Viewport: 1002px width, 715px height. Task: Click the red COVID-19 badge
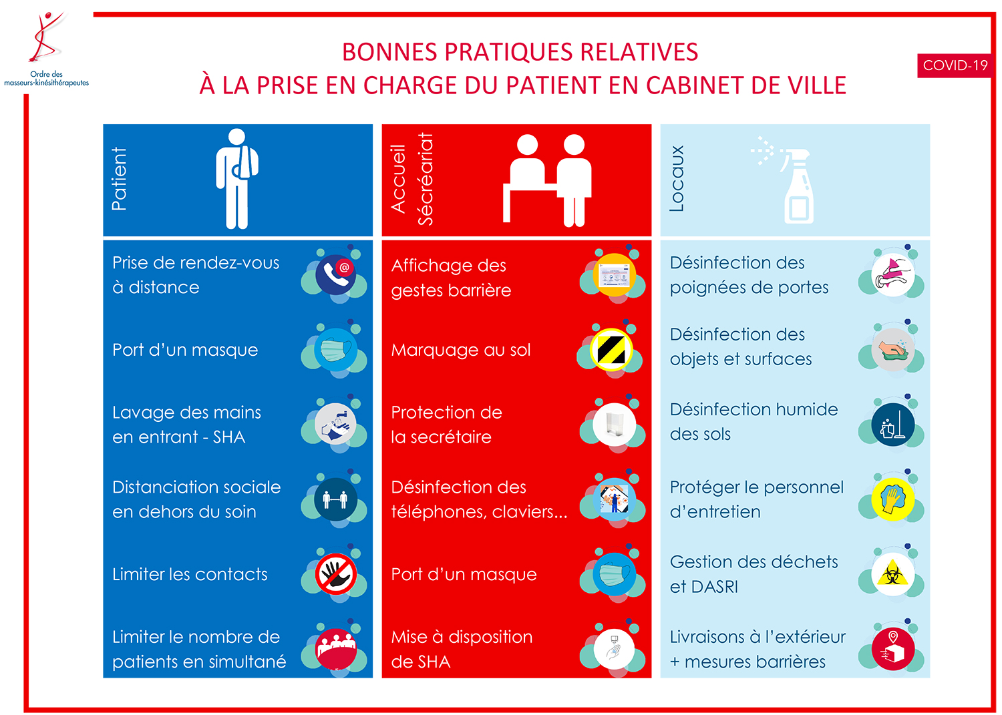point(955,65)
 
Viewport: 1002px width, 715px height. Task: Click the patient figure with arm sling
point(236,178)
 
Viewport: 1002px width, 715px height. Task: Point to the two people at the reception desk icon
point(547,180)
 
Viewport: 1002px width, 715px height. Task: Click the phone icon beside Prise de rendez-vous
point(335,274)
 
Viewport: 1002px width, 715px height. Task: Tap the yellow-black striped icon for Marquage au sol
point(611,350)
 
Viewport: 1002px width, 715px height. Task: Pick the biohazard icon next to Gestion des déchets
point(892,574)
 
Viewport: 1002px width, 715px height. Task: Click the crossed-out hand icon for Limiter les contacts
point(335,573)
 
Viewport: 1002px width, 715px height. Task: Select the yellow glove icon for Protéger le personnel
point(892,499)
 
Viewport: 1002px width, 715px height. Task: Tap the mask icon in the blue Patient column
point(335,350)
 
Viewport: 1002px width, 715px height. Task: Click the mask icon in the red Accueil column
point(614,574)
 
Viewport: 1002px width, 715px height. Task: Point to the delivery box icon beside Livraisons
point(892,650)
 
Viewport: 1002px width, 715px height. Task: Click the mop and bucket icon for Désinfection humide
point(892,425)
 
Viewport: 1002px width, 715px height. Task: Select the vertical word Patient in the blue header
point(120,179)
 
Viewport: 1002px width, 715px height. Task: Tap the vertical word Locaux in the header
point(676,178)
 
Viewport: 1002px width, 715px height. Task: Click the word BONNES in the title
point(389,52)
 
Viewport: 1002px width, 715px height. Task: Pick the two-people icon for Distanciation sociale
point(335,499)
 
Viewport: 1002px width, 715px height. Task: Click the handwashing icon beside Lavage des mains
point(335,424)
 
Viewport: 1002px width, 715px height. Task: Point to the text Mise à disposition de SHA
point(462,650)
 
